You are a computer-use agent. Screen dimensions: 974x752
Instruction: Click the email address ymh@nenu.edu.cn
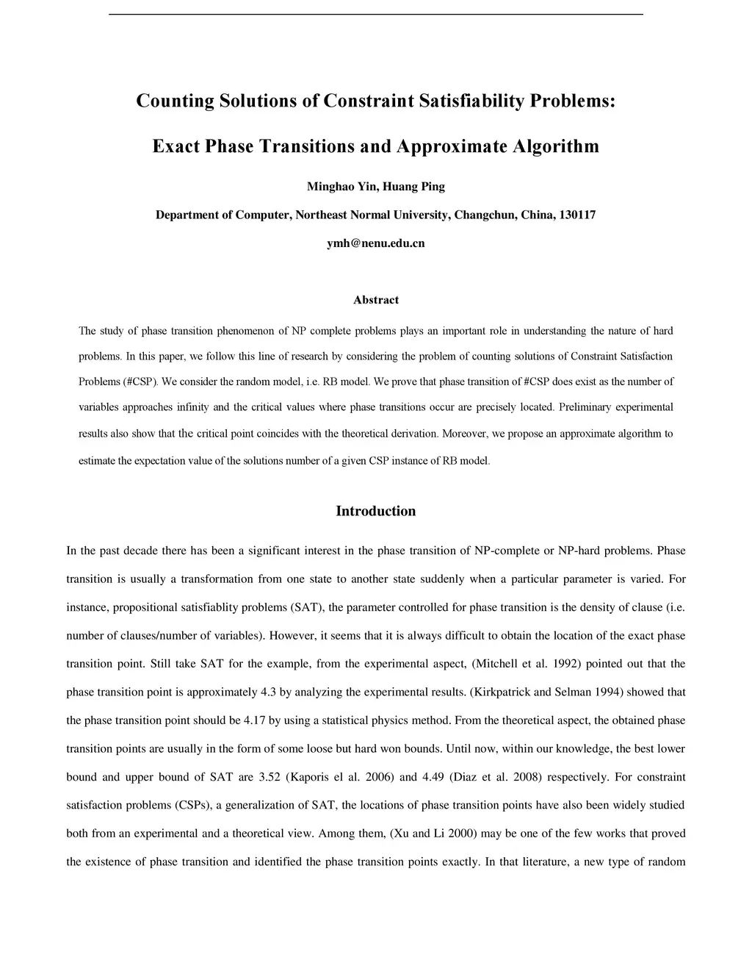pyautogui.click(x=375, y=243)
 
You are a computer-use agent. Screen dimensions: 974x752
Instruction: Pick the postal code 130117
pyautogui.click(x=577, y=215)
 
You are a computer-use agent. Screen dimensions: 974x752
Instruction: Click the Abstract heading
pyautogui.click(x=375, y=300)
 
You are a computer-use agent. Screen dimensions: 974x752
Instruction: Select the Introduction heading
pyautogui.click(x=375, y=512)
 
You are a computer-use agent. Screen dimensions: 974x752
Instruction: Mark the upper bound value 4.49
pyautogui.click(x=434, y=777)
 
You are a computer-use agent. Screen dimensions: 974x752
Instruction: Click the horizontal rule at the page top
pyautogui.click(x=375, y=14)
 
